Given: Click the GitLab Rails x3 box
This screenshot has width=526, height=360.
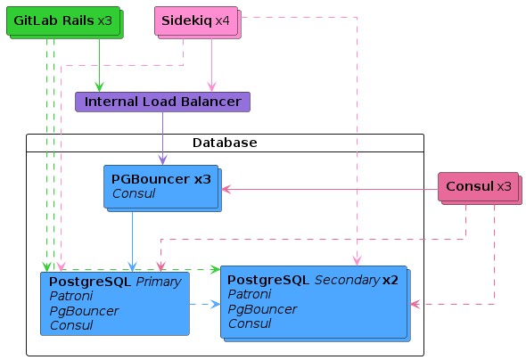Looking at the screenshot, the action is click(65, 22).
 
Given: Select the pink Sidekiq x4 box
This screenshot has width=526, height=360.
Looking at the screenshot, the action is click(198, 22).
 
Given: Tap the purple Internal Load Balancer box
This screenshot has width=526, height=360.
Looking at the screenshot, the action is click(162, 102).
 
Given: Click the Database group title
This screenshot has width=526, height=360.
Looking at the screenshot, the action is click(225, 143).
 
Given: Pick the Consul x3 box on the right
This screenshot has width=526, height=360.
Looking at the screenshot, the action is click(480, 188).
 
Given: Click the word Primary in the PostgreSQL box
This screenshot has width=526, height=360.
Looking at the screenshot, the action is click(159, 282).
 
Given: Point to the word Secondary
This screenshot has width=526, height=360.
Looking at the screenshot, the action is click(347, 280).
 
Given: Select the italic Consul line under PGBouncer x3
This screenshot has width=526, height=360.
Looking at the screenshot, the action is click(134, 193).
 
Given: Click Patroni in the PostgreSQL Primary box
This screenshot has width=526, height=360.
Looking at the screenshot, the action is click(71, 296).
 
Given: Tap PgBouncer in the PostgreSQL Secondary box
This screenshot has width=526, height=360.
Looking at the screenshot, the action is click(262, 309).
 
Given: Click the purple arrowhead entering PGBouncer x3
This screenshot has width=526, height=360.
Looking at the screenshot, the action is click(162, 160).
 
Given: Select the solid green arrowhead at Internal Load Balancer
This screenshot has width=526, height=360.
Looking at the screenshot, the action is click(99, 86).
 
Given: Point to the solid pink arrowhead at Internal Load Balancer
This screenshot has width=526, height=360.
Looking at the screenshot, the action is click(211, 86).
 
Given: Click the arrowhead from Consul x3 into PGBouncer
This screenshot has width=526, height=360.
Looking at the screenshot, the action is click(226, 190).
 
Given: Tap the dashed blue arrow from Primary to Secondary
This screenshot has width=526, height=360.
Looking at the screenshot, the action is click(205, 305).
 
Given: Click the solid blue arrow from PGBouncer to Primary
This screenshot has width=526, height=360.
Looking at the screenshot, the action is click(133, 241).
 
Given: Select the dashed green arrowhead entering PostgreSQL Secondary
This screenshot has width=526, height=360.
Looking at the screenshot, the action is click(216, 269).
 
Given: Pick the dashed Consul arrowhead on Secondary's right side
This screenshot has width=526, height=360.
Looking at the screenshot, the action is click(415, 305).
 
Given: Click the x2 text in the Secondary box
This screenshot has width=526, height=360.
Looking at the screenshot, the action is click(390, 280).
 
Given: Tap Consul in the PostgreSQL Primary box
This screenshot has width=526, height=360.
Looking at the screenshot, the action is click(71, 325).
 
